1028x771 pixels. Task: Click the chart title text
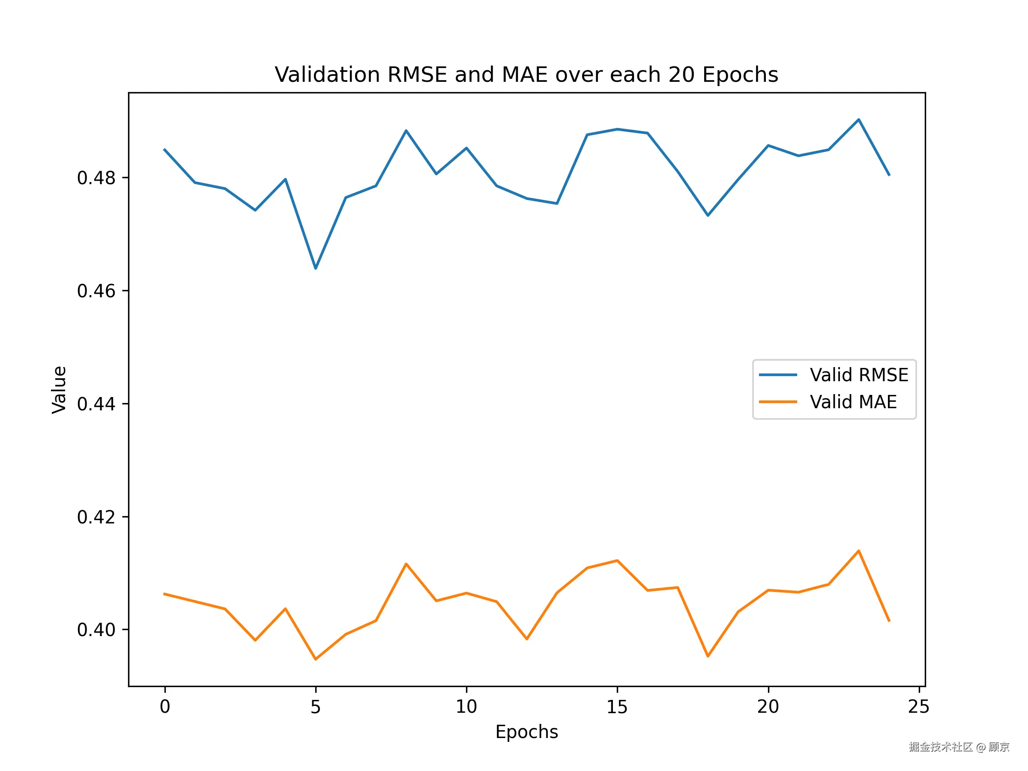(526, 75)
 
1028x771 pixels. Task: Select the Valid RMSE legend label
(859, 375)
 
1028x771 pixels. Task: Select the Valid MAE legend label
(853, 402)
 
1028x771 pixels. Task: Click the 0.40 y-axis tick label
(96, 630)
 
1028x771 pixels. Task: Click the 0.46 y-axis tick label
(96, 291)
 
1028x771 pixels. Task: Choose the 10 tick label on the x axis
(466, 707)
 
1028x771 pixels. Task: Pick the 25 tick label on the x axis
(918, 707)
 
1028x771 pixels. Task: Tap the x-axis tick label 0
(165, 707)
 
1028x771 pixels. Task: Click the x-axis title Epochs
(526, 732)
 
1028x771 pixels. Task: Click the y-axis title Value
(60, 389)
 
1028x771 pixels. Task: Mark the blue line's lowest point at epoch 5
(316, 269)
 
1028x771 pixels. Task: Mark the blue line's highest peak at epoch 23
(858, 120)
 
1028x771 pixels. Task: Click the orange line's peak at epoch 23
(858, 551)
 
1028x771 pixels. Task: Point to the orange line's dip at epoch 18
(708, 656)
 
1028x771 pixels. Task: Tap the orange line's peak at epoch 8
(406, 564)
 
